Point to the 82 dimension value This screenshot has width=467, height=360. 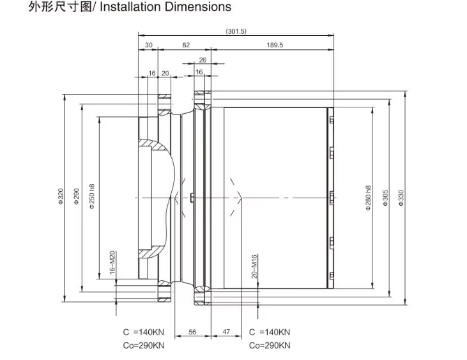point(186,45)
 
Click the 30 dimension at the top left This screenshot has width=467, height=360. point(149,45)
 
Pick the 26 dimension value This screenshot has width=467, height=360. point(203,60)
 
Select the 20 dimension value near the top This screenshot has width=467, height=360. point(165,73)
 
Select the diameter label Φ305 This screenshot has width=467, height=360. point(385,200)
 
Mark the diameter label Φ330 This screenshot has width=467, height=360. point(401,200)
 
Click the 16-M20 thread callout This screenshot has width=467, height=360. point(112,262)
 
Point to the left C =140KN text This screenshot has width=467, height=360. point(144,333)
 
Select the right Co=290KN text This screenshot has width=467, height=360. point(269,346)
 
